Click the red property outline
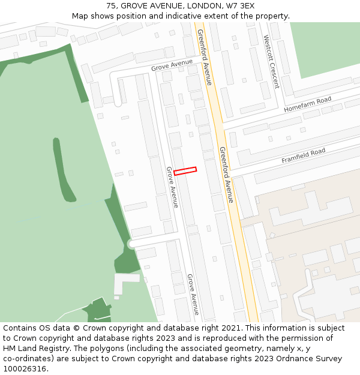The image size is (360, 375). click(185, 171)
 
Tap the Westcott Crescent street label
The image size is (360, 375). click(271, 61)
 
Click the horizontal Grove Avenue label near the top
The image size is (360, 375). click(172, 65)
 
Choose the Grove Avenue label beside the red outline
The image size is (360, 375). click(172, 187)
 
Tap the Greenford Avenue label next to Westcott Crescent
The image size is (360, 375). click(205, 58)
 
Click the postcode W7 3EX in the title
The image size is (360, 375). click(241, 6)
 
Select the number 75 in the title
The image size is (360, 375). click(111, 6)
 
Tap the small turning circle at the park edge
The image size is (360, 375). click(131, 244)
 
